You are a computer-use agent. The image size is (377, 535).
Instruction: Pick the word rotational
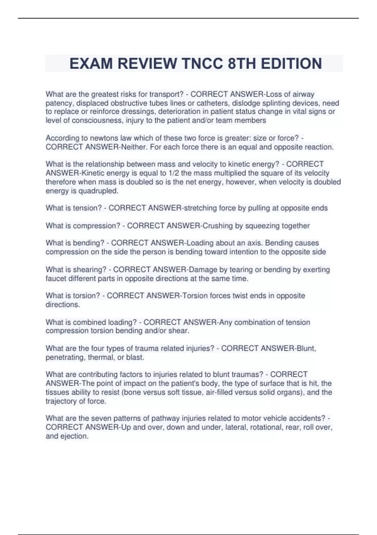coord(267,427)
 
